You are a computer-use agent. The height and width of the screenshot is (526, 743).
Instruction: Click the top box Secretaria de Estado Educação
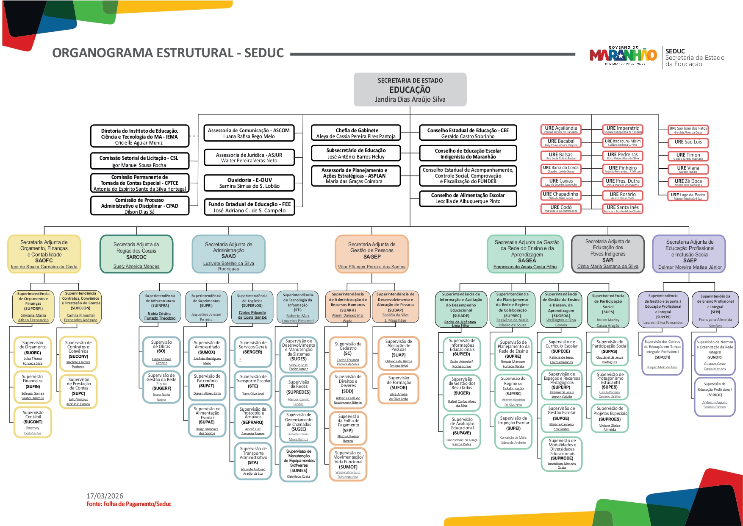click(x=410, y=89)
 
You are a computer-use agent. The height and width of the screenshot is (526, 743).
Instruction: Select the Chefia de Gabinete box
click(x=356, y=133)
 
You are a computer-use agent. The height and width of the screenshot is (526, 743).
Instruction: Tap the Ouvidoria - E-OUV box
click(x=249, y=183)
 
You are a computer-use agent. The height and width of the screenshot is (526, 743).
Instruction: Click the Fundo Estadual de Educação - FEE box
click(x=249, y=207)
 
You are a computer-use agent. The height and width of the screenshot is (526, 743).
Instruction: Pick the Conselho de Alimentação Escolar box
click(x=468, y=198)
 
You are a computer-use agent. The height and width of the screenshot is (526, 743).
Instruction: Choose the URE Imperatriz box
click(x=622, y=129)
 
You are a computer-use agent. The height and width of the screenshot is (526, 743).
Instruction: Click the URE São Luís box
click(x=688, y=142)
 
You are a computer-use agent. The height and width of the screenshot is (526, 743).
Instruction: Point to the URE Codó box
click(x=561, y=208)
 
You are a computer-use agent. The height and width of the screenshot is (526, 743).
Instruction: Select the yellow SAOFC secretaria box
click(x=44, y=254)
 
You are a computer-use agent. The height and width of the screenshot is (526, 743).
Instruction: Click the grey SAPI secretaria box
click(x=607, y=253)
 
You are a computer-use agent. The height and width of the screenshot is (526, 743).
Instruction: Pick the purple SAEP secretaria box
click(x=689, y=254)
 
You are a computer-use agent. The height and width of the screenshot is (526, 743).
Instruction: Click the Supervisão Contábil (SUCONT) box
click(x=33, y=422)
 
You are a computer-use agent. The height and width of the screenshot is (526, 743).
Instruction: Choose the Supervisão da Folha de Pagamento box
click(x=348, y=429)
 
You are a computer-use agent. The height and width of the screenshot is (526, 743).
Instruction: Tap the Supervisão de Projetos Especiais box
click(x=610, y=418)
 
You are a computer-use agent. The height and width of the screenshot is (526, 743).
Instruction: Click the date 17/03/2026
click(x=105, y=496)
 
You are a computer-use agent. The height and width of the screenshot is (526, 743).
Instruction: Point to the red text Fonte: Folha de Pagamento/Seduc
click(x=129, y=504)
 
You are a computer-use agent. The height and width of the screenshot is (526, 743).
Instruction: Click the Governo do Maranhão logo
click(x=623, y=55)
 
